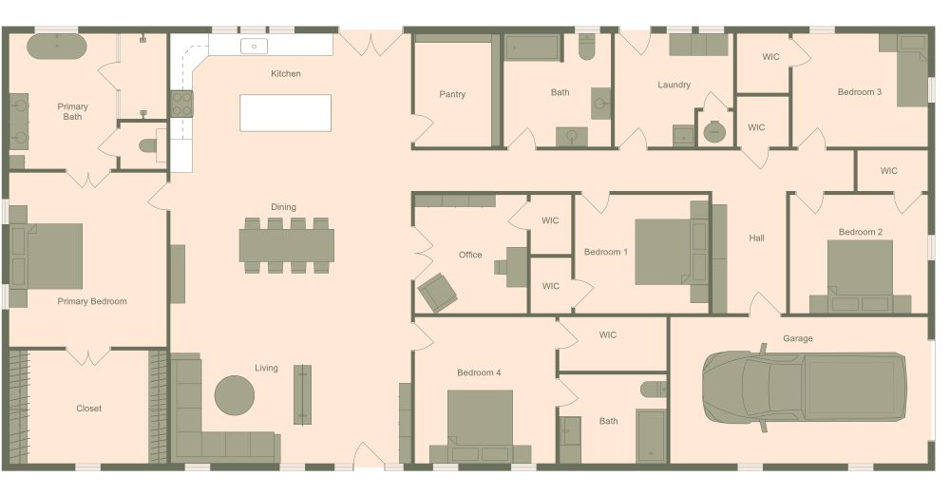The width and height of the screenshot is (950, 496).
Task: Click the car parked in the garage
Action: (x=804, y=387)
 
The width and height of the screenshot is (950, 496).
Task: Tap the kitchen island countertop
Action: (x=286, y=112)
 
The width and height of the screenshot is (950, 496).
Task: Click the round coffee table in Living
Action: (x=234, y=394)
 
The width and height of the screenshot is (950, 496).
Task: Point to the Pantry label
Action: (x=452, y=94)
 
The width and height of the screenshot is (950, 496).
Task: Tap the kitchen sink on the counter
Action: (x=255, y=46)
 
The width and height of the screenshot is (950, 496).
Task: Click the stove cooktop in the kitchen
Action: (x=180, y=103)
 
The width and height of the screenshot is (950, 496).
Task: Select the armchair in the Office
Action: (x=437, y=292)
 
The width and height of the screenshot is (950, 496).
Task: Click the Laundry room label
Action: (x=674, y=85)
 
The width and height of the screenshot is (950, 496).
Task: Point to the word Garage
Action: (x=797, y=338)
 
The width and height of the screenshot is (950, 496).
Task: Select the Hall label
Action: (x=756, y=238)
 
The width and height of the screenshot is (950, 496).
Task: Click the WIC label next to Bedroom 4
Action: (x=608, y=334)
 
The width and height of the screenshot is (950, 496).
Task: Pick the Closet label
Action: (x=88, y=409)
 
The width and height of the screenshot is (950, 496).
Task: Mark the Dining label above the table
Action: (x=283, y=206)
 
